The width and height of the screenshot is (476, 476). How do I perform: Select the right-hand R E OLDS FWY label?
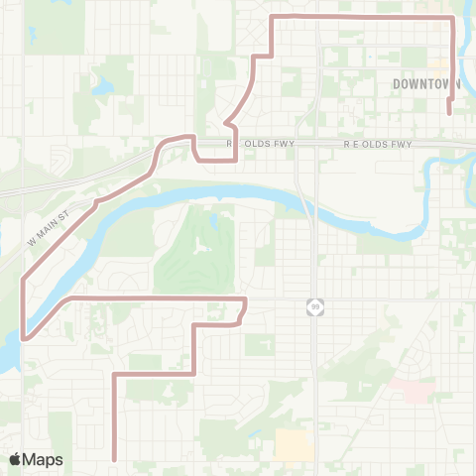pos(377,145)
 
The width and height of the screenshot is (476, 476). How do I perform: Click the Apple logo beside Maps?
pos(16,460)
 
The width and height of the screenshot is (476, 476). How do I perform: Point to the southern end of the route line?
pos(116,459)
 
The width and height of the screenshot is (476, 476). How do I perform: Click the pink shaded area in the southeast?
pos(412,389)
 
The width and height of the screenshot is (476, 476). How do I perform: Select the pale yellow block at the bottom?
pos(294,444)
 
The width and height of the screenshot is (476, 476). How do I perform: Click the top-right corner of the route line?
pos(453,18)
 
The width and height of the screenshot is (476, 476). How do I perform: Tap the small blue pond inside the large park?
pos(213,220)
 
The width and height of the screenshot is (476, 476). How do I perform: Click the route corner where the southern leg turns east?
pos(116,374)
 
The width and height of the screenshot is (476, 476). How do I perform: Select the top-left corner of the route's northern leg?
pos(273,18)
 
